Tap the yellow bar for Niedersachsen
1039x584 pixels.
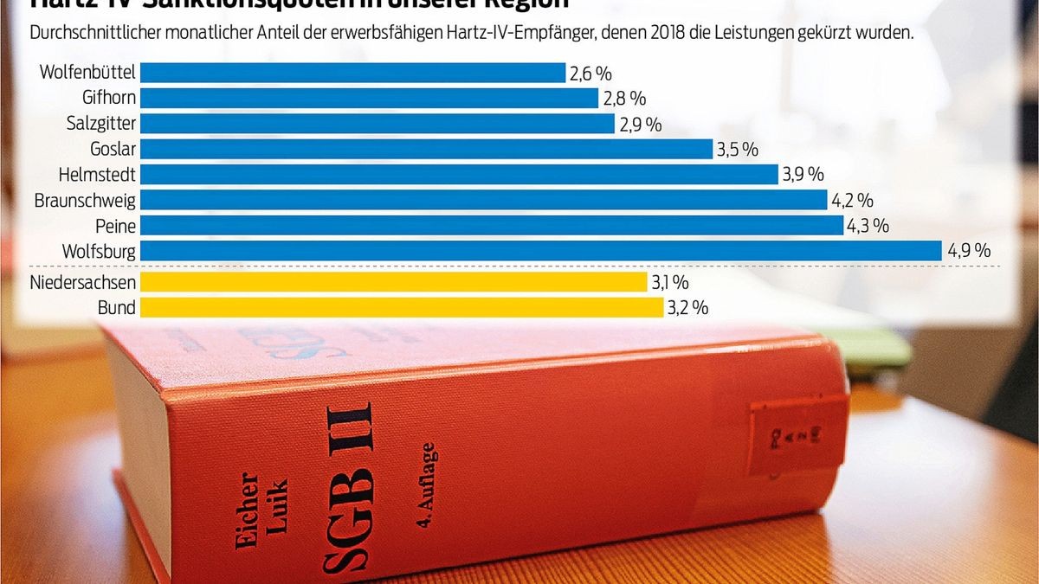393,282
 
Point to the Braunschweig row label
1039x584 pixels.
85,201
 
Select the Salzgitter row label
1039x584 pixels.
101,124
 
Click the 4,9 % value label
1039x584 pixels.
969,251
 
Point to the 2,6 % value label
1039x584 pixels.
590,74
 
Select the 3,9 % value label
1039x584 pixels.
803,175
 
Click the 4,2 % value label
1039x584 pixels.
852,201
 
